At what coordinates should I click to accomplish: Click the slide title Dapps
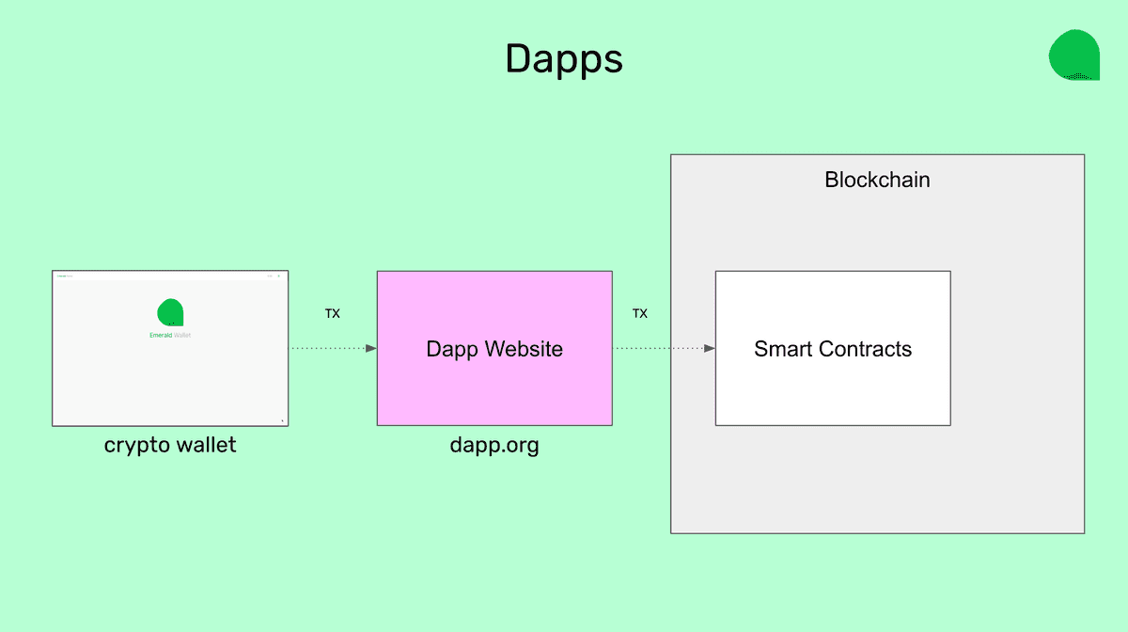point(563,59)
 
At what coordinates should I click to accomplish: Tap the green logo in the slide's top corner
point(1073,55)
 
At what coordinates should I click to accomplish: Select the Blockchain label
point(877,180)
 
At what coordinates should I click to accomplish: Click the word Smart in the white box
point(785,349)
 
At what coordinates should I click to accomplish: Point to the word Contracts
point(865,349)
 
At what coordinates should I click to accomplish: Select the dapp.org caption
point(494,445)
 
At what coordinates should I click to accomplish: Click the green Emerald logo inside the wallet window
point(170,312)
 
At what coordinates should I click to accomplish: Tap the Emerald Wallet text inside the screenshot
point(170,335)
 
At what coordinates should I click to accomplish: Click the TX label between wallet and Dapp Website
point(333,314)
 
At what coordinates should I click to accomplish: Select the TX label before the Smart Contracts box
point(640,314)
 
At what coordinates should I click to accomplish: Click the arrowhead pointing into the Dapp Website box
point(371,348)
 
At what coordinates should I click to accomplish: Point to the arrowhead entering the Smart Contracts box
point(710,348)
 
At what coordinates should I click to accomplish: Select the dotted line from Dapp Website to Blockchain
point(658,348)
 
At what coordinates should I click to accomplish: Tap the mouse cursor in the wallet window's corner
point(282,420)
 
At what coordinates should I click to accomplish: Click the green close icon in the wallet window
point(278,276)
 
